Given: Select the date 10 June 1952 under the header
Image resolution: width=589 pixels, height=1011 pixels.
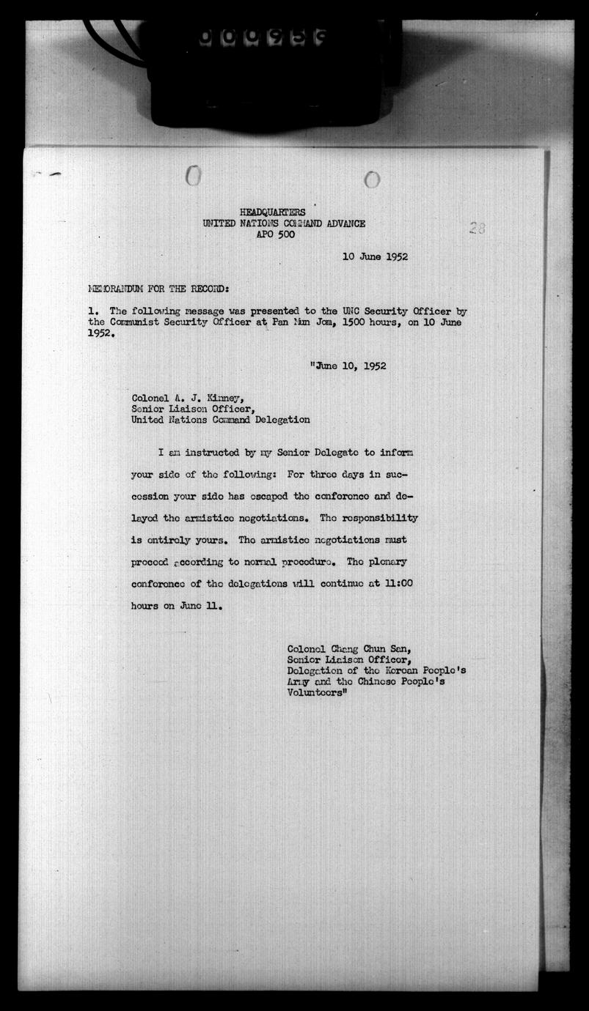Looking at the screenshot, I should click(x=375, y=256).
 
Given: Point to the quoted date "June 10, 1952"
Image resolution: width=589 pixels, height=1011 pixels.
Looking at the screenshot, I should click(x=348, y=366).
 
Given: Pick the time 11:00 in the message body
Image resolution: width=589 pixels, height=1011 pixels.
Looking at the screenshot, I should click(x=402, y=584).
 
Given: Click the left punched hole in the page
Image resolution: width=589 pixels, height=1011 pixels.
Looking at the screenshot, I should click(x=192, y=176).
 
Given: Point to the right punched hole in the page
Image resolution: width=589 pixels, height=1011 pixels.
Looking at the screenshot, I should click(x=372, y=179).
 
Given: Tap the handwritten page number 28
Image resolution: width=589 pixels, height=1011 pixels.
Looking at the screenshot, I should click(x=477, y=228).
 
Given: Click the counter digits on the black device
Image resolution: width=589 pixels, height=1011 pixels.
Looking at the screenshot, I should click(x=260, y=37).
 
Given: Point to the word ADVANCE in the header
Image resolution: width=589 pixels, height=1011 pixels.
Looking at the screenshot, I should click(x=341, y=223).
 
